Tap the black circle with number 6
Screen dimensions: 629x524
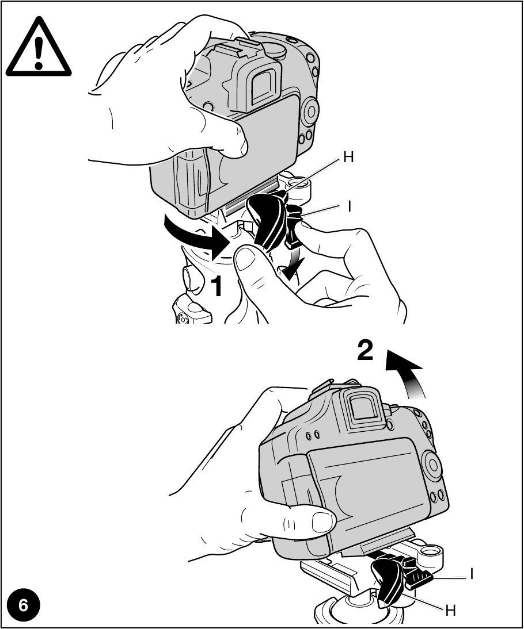coord(24,605)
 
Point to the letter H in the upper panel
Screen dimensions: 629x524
coord(348,157)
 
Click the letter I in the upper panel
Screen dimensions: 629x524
coord(349,206)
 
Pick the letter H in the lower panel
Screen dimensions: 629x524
coord(450,611)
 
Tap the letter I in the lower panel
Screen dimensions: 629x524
coord(472,573)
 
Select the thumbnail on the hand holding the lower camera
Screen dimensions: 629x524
coord(323,521)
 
